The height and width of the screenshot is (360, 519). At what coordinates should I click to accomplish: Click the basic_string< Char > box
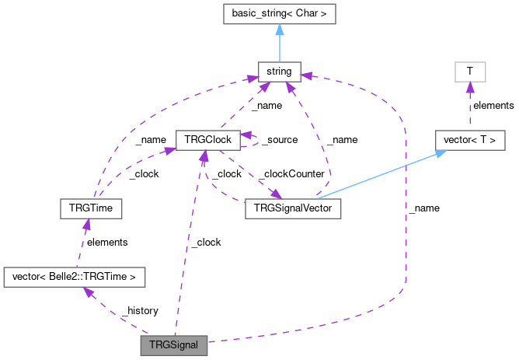(278, 13)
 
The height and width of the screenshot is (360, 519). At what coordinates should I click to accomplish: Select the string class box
(278, 72)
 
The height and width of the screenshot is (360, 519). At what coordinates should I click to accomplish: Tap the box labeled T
(469, 72)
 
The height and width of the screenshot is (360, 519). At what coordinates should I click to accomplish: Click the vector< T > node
(469, 140)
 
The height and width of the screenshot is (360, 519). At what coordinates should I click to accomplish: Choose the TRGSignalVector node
(292, 208)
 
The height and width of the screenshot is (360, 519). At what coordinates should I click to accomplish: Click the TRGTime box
(91, 208)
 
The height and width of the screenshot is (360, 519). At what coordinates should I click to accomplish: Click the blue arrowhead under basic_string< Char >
(278, 30)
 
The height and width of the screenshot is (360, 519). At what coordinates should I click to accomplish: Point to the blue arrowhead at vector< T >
(441, 153)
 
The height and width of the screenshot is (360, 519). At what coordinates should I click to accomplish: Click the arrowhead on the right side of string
(305, 75)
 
